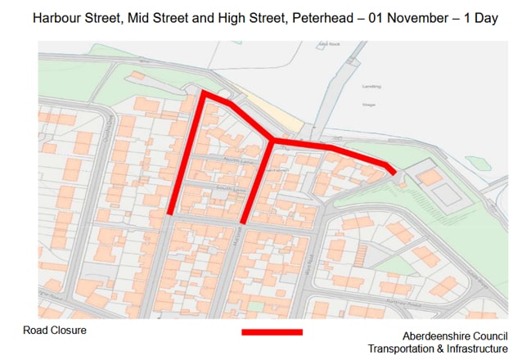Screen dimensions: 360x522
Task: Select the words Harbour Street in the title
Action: click(76, 17)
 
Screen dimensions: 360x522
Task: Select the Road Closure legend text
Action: click(55, 331)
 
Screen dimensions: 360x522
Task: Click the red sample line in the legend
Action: click(272, 332)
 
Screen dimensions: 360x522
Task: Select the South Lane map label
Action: click(224, 188)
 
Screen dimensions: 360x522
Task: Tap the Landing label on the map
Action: click(371, 86)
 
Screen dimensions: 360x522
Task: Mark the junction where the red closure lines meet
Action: click(271, 142)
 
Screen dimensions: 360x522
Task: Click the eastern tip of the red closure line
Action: click(396, 172)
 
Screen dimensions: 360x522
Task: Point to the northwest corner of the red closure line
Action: click(204, 93)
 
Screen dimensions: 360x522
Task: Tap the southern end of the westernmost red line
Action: click(170, 214)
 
